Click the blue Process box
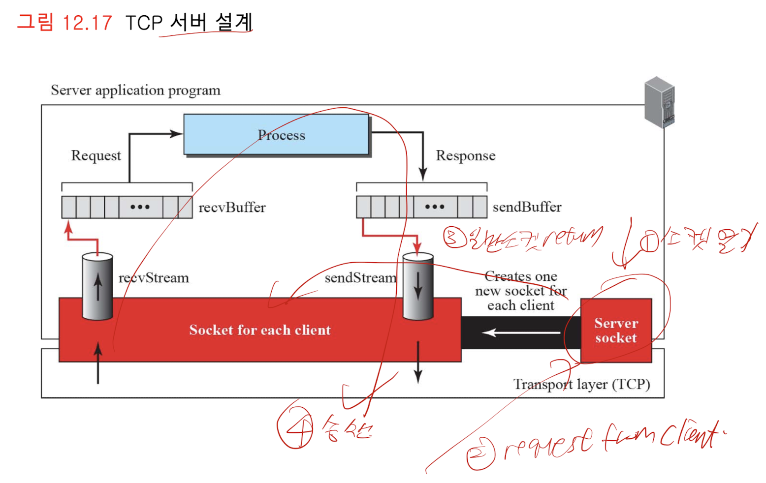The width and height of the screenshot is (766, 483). click(276, 134)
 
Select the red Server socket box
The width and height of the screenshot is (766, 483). click(616, 331)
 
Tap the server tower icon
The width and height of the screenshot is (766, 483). click(660, 102)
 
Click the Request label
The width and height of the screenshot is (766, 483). click(96, 155)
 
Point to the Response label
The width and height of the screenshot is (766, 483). click(465, 155)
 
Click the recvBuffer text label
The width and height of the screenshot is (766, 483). click(232, 207)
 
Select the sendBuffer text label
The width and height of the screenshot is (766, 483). click(527, 207)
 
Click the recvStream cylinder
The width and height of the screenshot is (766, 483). click(97, 286)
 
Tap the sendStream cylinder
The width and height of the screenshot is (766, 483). click(418, 286)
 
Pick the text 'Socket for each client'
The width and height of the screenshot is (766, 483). click(260, 330)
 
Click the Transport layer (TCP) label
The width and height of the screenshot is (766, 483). click(581, 384)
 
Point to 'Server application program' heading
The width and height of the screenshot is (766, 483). click(135, 91)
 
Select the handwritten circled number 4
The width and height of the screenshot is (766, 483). click(296, 429)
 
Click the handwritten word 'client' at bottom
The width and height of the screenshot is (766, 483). click(689, 435)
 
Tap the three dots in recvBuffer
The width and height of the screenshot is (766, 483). click(140, 207)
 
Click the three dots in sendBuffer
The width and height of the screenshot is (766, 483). click(435, 207)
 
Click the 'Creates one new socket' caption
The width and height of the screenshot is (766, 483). click(521, 291)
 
